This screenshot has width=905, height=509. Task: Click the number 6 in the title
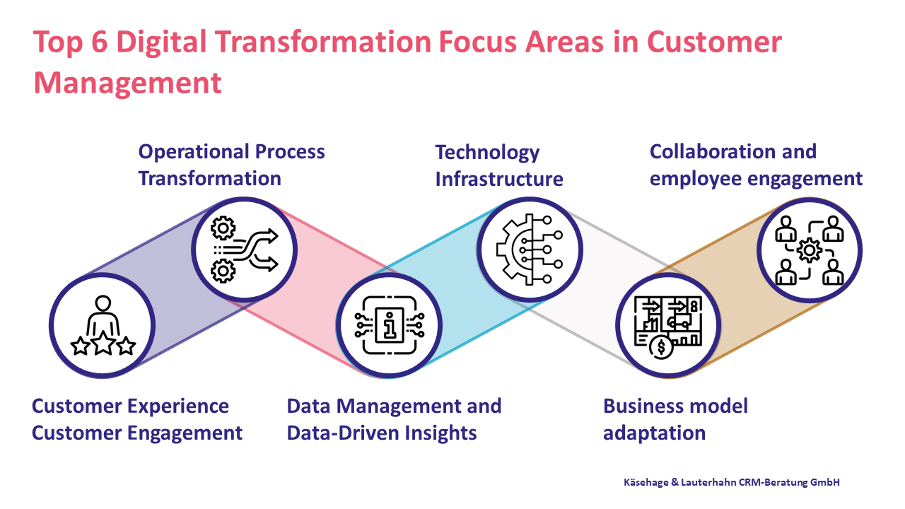100,42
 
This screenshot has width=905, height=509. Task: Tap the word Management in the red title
128,83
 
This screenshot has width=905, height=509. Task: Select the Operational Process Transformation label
231,165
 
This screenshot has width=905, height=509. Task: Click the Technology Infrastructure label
499,165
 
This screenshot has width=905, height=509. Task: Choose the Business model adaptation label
675,419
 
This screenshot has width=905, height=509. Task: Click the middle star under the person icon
103,344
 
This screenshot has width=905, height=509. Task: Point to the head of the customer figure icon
103,303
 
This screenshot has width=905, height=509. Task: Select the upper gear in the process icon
223,228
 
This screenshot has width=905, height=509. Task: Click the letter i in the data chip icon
390,325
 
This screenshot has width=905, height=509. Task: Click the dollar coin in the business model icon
661,347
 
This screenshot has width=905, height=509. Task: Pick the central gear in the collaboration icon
809,250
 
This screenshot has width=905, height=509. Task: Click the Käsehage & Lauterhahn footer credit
732,482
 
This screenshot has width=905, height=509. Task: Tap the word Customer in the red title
714,42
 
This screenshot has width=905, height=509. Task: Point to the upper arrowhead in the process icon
272,235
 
